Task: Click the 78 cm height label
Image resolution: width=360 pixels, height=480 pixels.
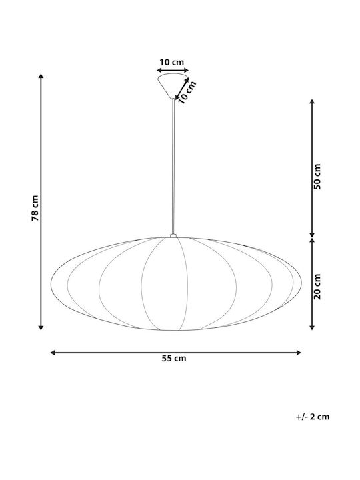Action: (x=35, y=208)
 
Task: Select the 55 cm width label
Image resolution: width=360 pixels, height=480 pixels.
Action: (x=174, y=359)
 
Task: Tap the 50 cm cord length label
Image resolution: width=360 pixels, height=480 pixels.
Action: (x=317, y=177)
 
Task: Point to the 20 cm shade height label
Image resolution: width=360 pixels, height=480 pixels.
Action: (x=317, y=287)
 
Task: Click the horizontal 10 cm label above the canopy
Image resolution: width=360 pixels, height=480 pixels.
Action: (x=172, y=62)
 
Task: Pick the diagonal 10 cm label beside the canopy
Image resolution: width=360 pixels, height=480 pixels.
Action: (x=187, y=92)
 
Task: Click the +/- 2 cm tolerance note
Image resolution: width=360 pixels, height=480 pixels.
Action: (x=313, y=417)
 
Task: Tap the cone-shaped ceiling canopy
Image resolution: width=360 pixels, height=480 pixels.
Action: (x=173, y=86)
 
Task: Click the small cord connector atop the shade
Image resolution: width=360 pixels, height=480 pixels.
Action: (x=173, y=236)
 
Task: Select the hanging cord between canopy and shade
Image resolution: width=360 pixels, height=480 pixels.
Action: (x=173, y=167)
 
